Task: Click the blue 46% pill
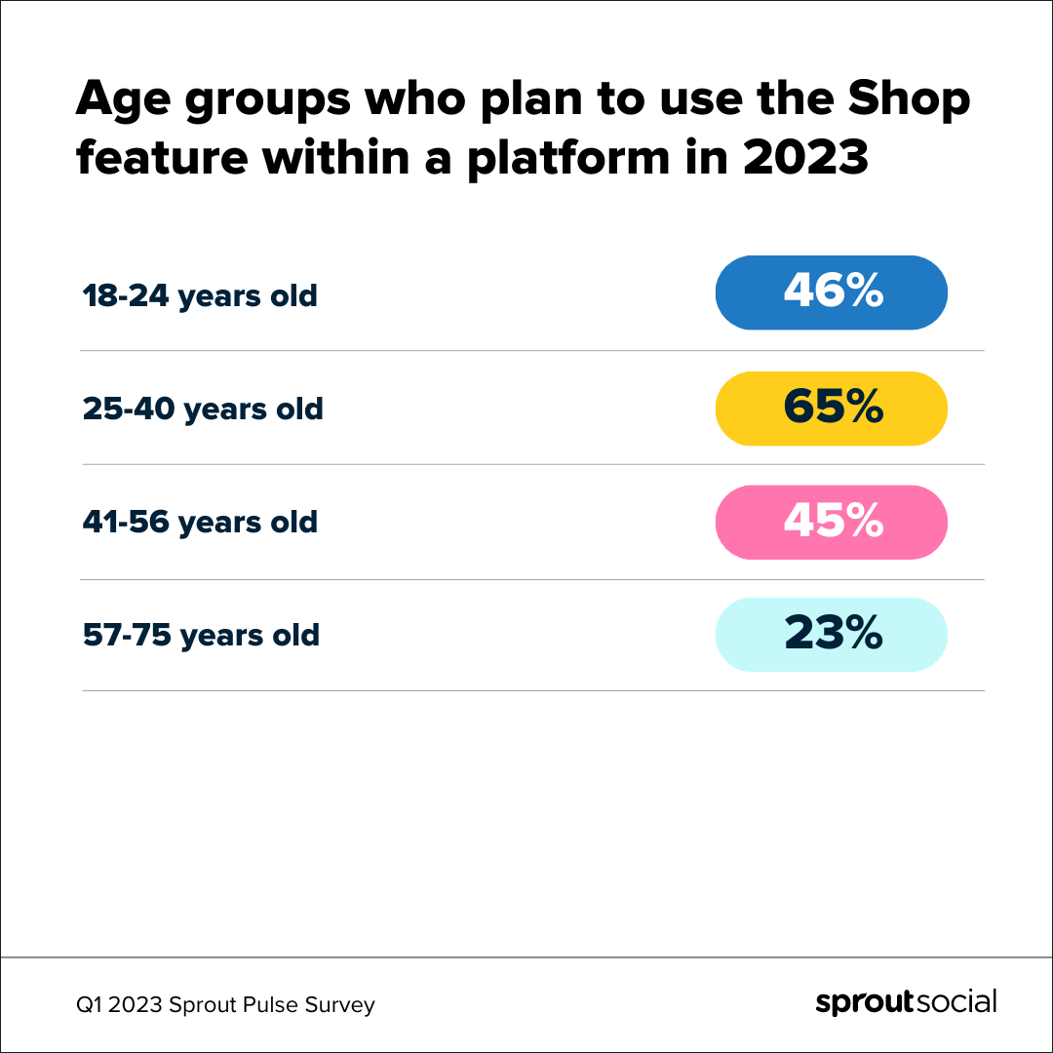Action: [x=831, y=292]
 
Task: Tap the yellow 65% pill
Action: [x=831, y=408]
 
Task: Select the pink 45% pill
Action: [x=831, y=522]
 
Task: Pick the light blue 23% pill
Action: [x=831, y=635]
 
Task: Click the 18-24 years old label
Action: [x=200, y=295]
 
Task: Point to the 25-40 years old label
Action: [x=203, y=409]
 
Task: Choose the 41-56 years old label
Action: [x=200, y=522]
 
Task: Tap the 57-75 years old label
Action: [x=201, y=636]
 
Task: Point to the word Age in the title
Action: [x=121, y=102]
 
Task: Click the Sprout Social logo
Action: [x=906, y=1003]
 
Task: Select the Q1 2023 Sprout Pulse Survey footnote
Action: [x=227, y=1005]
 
